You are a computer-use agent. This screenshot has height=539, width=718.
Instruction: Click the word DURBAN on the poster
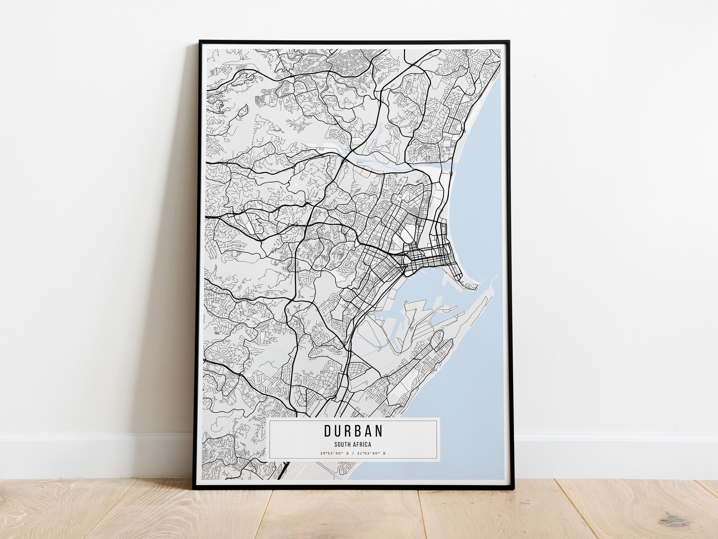[353, 430]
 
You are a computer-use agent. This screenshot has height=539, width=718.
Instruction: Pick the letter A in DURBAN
[368, 430]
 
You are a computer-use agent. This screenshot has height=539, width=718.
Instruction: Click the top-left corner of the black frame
[200, 41]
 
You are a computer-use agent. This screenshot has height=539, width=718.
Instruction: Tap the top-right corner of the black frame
[508, 41]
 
